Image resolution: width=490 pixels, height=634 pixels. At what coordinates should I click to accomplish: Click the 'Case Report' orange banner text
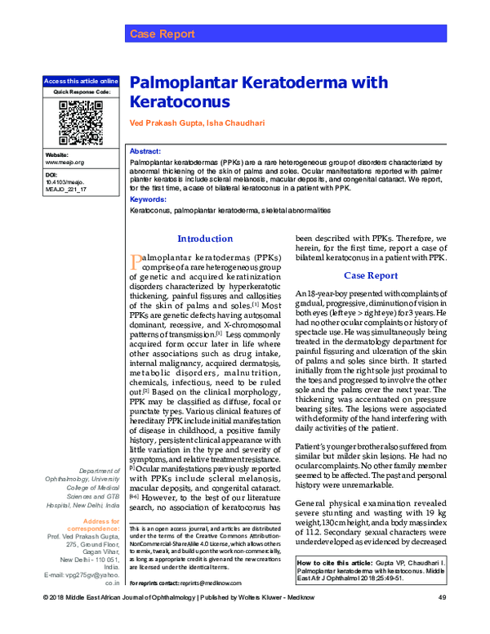[162, 34]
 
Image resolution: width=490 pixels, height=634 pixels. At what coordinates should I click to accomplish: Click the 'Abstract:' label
[145, 153]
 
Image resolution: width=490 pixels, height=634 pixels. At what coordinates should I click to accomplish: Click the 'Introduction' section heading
[205, 239]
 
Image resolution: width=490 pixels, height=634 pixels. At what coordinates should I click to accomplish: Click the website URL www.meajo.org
[65, 163]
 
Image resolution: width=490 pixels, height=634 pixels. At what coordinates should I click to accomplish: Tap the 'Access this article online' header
[80, 82]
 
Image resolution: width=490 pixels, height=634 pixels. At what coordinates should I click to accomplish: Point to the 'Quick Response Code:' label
[80, 92]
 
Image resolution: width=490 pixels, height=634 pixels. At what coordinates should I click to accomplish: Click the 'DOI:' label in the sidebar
[51, 175]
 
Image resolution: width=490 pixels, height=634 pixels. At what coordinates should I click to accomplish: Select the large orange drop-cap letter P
[137, 261]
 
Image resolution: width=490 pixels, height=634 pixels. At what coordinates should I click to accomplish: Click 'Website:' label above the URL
[56, 154]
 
